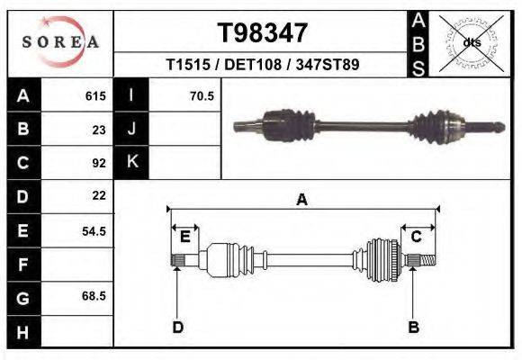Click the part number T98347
click(x=263, y=33)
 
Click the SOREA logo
click(x=60, y=42)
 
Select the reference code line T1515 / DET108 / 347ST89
click(x=263, y=66)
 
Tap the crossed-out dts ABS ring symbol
click(x=471, y=42)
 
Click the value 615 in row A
click(x=95, y=95)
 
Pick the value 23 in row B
click(x=99, y=129)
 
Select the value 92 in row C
click(x=99, y=163)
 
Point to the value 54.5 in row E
click(x=94, y=230)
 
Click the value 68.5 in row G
click(x=94, y=296)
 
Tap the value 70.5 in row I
click(x=202, y=95)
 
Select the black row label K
click(x=131, y=162)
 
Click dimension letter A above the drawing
click(x=302, y=200)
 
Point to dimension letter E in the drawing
click(x=184, y=237)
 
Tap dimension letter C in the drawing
click(x=417, y=237)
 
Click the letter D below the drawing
click(x=177, y=327)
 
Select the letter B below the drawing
click(x=414, y=327)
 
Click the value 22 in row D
click(x=99, y=195)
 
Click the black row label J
click(x=131, y=129)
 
